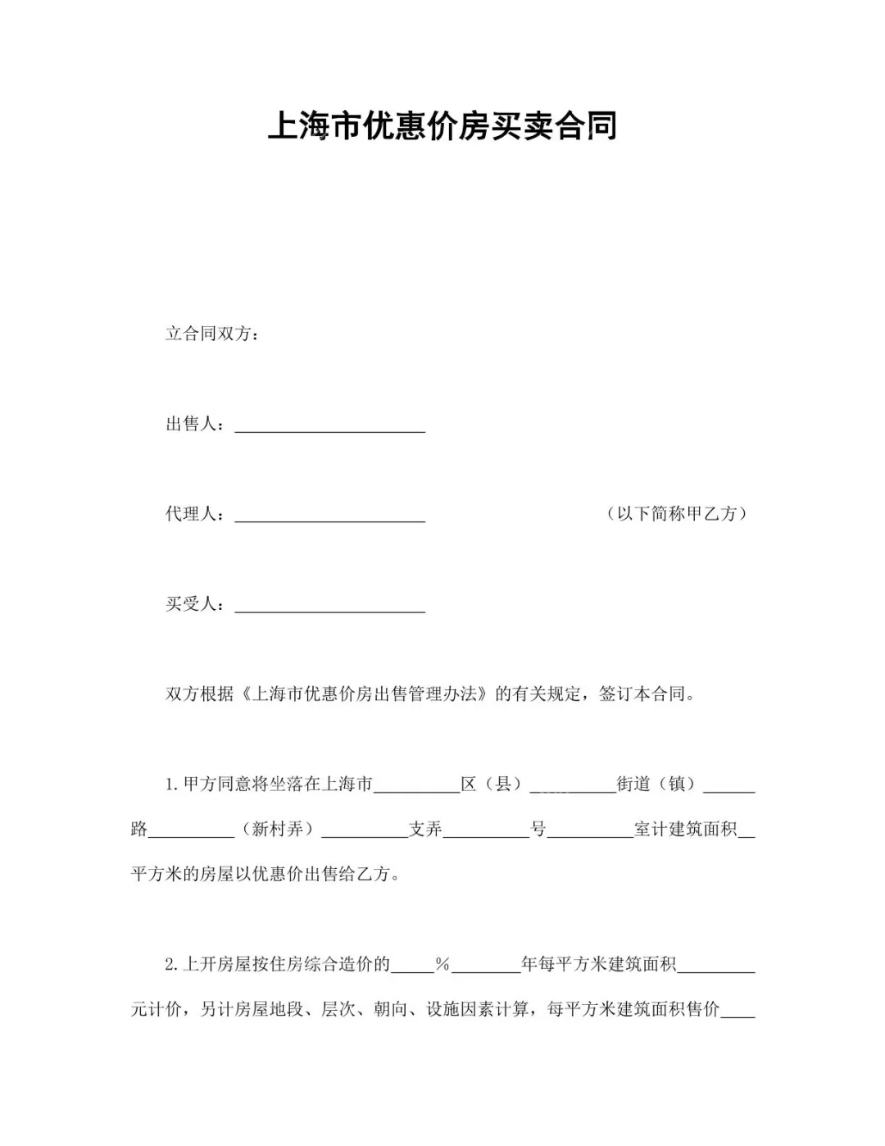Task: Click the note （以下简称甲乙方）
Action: (x=677, y=514)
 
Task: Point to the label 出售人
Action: (x=195, y=424)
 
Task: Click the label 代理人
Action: (x=195, y=514)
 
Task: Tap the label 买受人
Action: (x=195, y=604)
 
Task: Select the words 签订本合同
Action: (x=642, y=694)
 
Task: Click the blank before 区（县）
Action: (x=416, y=787)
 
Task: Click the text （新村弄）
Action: (x=278, y=830)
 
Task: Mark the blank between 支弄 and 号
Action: (x=487, y=832)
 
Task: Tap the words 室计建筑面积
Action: (x=685, y=830)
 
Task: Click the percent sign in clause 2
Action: (x=442, y=965)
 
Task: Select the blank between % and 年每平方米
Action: (x=486, y=967)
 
